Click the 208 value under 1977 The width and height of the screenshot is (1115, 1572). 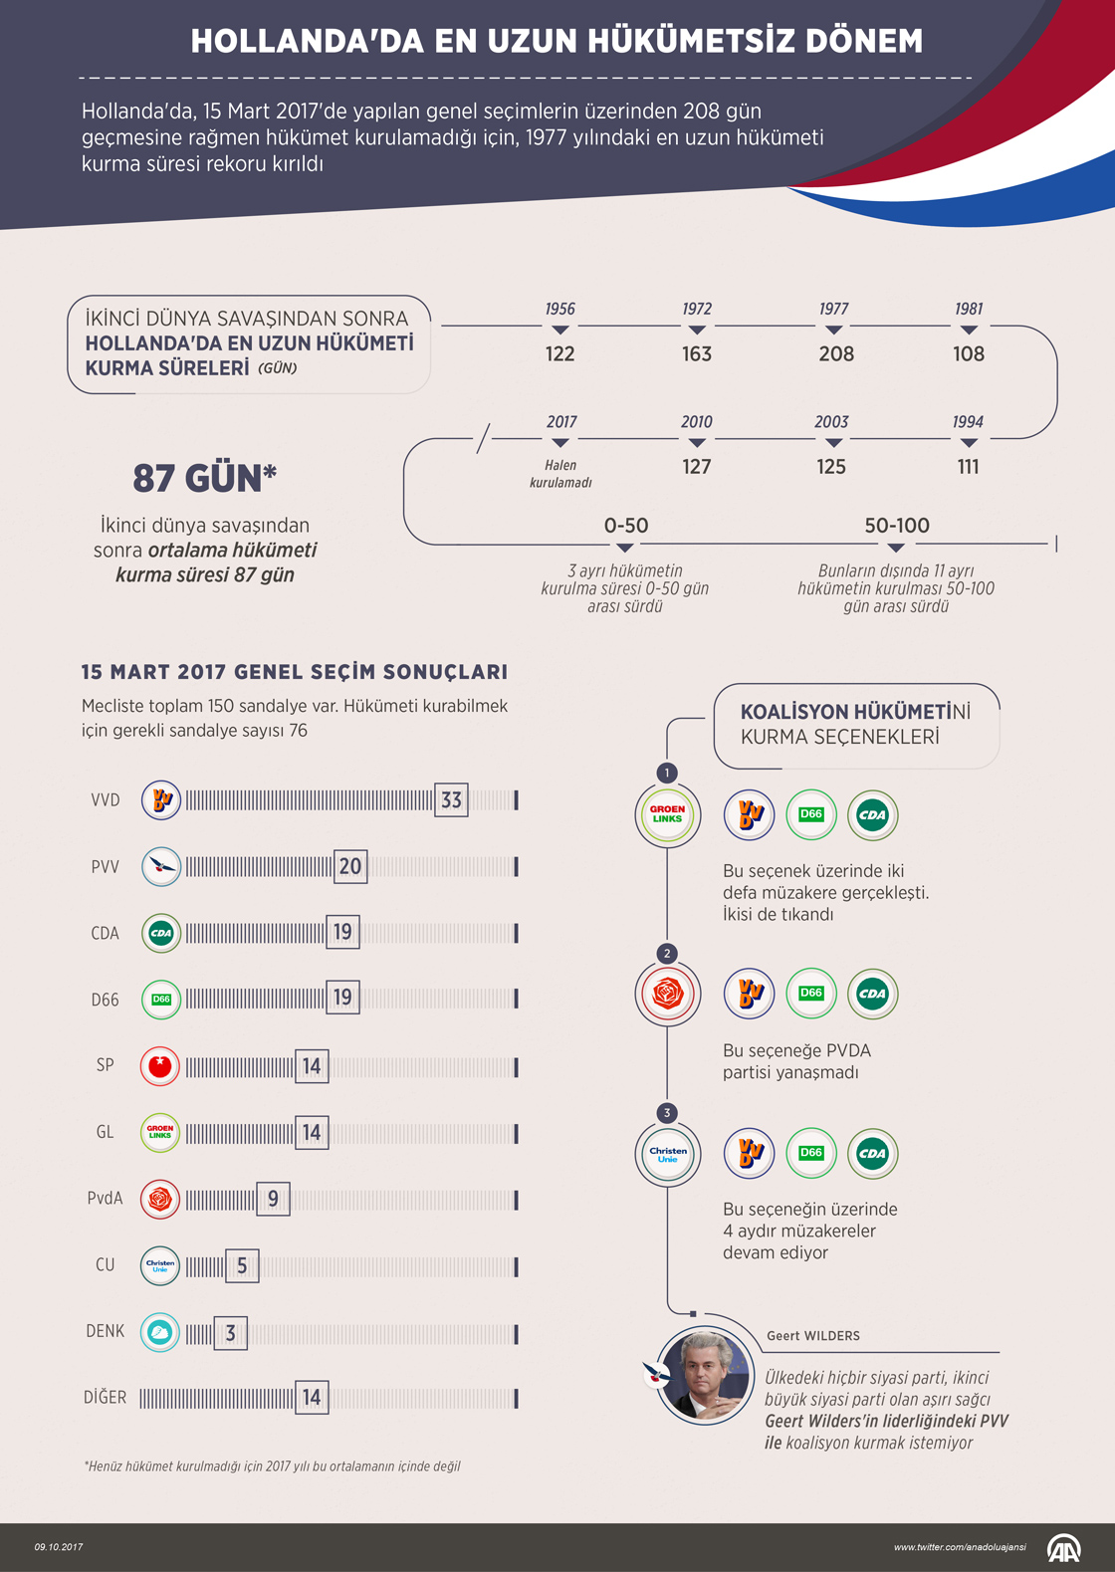tap(836, 353)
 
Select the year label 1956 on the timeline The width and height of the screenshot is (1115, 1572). tap(560, 309)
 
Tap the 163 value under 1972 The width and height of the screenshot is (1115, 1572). tap(697, 353)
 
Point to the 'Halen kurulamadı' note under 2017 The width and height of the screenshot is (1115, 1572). tap(560, 474)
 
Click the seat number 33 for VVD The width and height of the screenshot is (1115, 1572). tap(451, 799)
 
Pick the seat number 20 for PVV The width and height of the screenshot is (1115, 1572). tap(350, 866)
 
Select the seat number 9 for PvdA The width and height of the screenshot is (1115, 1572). tap(273, 1200)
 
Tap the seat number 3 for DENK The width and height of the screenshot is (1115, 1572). tap(230, 1333)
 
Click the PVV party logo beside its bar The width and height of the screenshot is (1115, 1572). tap(160, 866)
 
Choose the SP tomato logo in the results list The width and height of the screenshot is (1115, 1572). tap(160, 1066)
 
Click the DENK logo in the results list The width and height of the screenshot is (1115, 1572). tap(160, 1332)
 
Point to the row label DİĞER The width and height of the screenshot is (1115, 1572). tap(106, 1398)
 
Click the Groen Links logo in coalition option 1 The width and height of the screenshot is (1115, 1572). tap(668, 814)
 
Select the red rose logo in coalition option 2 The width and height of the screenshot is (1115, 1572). tap(668, 994)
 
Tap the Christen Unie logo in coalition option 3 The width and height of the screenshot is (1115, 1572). tap(668, 1154)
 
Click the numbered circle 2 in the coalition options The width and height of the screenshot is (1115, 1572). tap(667, 954)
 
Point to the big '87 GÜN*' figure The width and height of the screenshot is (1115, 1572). tap(205, 479)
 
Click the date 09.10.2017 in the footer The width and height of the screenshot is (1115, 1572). tap(59, 1547)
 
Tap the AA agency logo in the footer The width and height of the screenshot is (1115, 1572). tap(1063, 1548)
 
